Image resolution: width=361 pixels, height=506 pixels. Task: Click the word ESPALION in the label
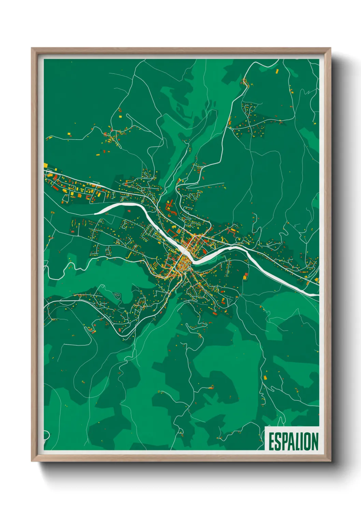[x=293, y=442]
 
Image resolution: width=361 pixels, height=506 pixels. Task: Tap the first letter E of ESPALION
[x=272, y=442]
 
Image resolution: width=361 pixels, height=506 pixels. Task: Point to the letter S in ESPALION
[x=278, y=442]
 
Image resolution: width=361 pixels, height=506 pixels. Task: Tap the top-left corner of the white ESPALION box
[x=265, y=427]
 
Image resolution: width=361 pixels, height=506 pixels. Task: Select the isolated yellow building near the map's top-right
[x=277, y=71]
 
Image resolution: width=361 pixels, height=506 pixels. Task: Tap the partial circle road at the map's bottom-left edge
[x=46, y=436]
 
